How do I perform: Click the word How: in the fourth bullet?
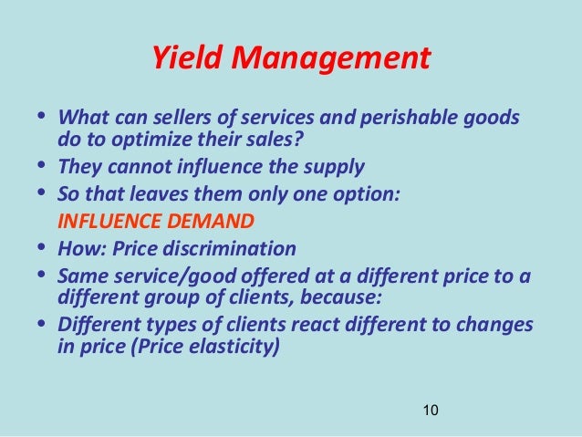click(x=79, y=247)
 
